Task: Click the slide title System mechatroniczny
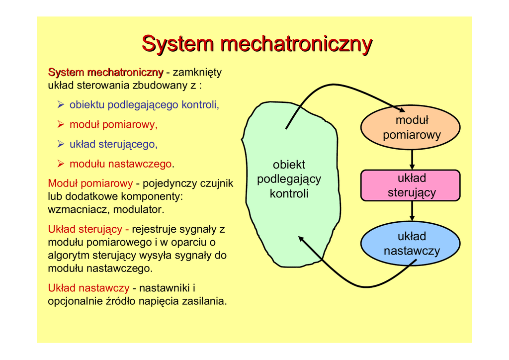[257, 44]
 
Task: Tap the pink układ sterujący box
[411, 185]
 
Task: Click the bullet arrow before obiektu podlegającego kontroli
[61, 105]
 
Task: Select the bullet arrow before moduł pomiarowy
[61, 124]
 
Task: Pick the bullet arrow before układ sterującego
[61, 144]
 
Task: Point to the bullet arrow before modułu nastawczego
[61, 164]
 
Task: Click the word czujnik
[216, 183]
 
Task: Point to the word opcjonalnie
[75, 301]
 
